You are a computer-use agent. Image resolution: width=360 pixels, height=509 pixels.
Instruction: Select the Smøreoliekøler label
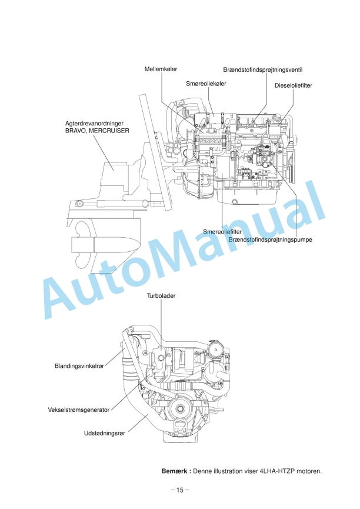point(206,84)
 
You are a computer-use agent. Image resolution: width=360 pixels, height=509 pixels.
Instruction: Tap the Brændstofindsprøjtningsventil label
point(262,69)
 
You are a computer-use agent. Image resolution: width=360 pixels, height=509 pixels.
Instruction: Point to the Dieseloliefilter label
point(293,85)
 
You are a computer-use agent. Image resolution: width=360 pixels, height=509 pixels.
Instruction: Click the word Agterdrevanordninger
point(94,124)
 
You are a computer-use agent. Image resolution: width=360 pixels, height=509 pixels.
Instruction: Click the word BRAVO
point(76,131)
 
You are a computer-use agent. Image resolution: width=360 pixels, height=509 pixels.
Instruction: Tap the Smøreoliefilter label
point(223,232)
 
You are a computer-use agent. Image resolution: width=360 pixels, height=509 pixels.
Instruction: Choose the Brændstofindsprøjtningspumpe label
point(269,240)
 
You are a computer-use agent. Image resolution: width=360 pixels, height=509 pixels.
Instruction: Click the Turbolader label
point(162,295)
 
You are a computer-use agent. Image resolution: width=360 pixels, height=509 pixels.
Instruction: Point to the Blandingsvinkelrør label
point(79,366)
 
